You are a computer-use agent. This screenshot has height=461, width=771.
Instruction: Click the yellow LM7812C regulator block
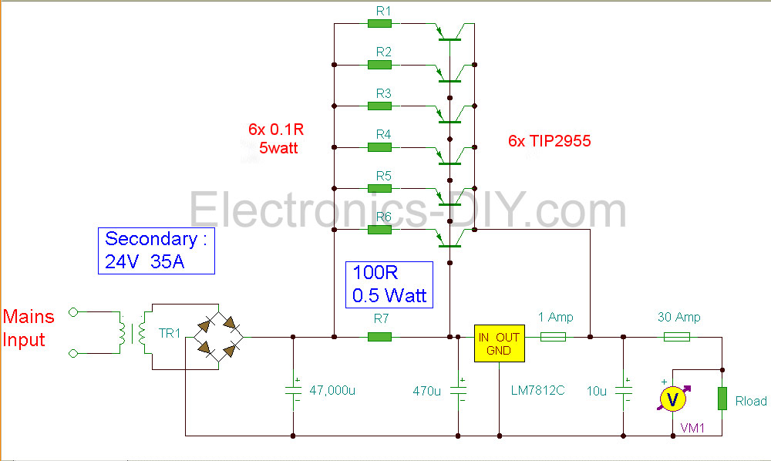click(499, 343)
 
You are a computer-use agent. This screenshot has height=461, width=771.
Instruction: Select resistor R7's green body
click(379, 337)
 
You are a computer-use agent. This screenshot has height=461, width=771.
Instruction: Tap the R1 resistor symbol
click(379, 23)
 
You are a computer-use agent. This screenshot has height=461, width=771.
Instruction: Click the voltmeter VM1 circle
click(672, 399)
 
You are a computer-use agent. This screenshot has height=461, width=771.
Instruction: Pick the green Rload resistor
click(722, 399)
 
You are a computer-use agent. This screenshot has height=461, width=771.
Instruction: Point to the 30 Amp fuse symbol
click(678, 337)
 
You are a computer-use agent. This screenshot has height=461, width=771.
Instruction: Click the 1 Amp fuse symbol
click(554, 337)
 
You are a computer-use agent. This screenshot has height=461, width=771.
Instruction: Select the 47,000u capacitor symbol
click(293, 389)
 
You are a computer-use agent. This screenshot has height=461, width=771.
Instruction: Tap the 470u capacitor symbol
click(458, 389)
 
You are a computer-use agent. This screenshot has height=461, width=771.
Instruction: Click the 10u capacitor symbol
click(622, 389)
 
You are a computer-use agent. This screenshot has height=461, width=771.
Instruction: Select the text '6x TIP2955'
click(549, 141)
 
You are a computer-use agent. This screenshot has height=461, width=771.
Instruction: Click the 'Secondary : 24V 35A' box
click(157, 251)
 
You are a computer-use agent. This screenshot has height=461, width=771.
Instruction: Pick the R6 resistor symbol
click(379, 230)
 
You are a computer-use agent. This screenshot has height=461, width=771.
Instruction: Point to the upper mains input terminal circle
click(73, 312)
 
